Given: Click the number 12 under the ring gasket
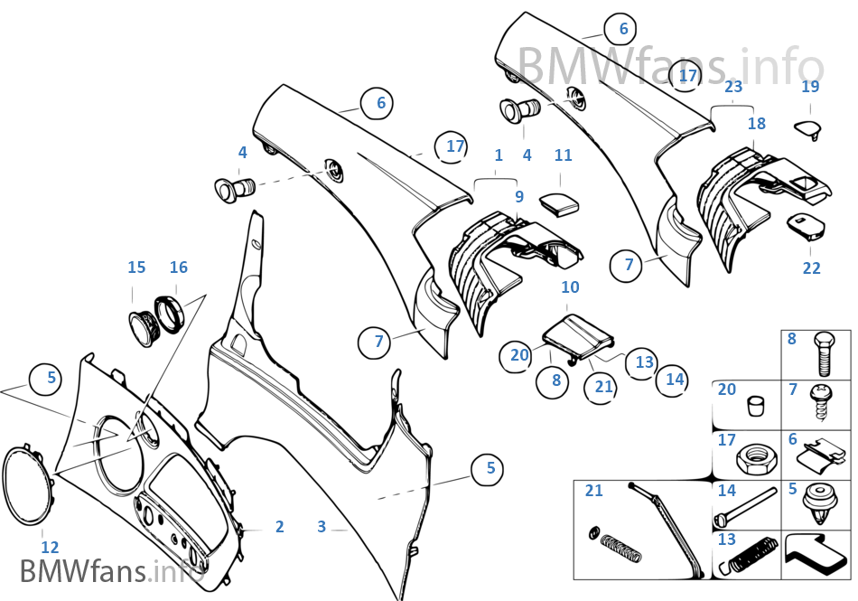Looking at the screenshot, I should [50, 547].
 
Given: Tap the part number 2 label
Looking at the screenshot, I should [280, 526].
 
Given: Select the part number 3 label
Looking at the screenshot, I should [322, 526].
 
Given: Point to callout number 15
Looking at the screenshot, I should [136, 268].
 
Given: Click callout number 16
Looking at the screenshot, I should [179, 268].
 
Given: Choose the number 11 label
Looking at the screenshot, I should [564, 155].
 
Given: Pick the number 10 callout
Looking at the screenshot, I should [570, 287].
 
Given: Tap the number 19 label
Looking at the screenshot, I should [810, 87].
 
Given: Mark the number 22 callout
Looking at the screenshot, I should [811, 268].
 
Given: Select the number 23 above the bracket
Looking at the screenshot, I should [733, 87].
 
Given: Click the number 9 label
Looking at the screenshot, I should [519, 195].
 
